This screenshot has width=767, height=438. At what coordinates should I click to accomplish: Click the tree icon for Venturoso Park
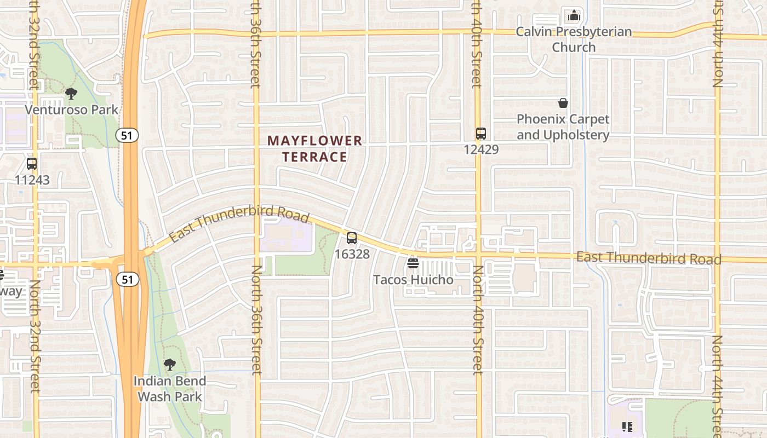click(x=71, y=94)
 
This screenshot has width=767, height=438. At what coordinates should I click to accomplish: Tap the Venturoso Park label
click(x=71, y=109)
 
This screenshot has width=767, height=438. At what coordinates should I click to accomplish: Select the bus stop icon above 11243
click(x=32, y=163)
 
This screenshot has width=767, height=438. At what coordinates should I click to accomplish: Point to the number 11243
click(x=32, y=180)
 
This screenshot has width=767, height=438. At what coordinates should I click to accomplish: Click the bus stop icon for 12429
click(x=481, y=133)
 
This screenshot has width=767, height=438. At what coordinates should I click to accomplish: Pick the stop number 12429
click(x=481, y=149)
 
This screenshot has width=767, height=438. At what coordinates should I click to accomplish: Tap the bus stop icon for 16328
click(x=352, y=238)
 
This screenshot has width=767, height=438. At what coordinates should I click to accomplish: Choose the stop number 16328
click(x=352, y=254)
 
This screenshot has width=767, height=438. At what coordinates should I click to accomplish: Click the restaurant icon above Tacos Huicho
click(x=413, y=263)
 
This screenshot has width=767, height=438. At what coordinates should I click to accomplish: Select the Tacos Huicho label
click(x=413, y=280)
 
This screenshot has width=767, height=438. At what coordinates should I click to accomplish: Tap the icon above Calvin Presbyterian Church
click(x=574, y=15)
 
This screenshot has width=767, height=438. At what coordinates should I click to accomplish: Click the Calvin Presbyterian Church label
click(x=574, y=39)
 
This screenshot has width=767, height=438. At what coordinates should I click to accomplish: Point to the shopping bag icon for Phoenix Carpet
click(x=563, y=103)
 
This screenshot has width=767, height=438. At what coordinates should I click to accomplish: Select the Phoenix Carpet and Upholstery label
click(x=563, y=127)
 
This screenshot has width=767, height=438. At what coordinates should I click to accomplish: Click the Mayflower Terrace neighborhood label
click(x=315, y=149)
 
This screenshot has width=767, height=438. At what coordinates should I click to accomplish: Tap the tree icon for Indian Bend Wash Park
click(x=170, y=364)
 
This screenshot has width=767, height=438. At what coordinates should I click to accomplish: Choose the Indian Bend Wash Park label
click(x=170, y=389)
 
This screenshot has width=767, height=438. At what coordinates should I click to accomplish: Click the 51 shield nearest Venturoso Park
click(x=127, y=135)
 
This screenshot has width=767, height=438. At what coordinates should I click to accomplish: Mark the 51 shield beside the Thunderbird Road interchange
click(x=127, y=280)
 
